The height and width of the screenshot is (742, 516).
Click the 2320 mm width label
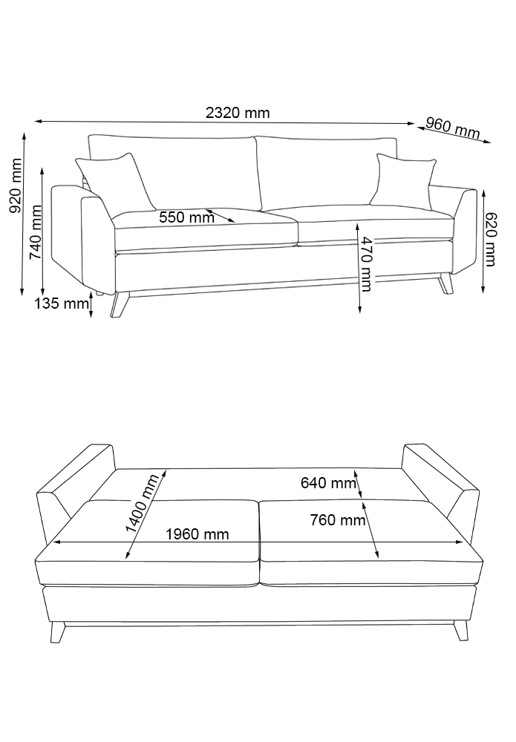pyautogui.click(x=238, y=113)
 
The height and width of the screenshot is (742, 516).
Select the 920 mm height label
pyautogui.click(x=16, y=185)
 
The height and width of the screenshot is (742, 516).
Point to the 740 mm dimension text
pyautogui.click(x=36, y=232)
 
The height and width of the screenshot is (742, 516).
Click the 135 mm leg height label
pyautogui.click(x=62, y=303)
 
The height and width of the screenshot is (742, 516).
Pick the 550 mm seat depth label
pyautogui.click(x=186, y=217)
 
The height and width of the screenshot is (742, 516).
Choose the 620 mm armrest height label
pyautogui.click(x=490, y=239)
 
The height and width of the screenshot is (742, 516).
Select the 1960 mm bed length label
pyautogui.click(x=197, y=534)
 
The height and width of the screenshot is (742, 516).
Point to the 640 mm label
pyautogui.click(x=328, y=483)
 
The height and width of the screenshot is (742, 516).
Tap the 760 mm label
pyautogui.click(x=338, y=520)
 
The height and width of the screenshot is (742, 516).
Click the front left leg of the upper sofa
pyautogui.click(x=119, y=304)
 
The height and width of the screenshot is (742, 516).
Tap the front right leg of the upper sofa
pyautogui.click(x=445, y=284)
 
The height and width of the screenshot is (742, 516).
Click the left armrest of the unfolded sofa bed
pyautogui.click(x=75, y=492)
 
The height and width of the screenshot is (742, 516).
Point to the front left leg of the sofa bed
pyautogui.click(x=58, y=631)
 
